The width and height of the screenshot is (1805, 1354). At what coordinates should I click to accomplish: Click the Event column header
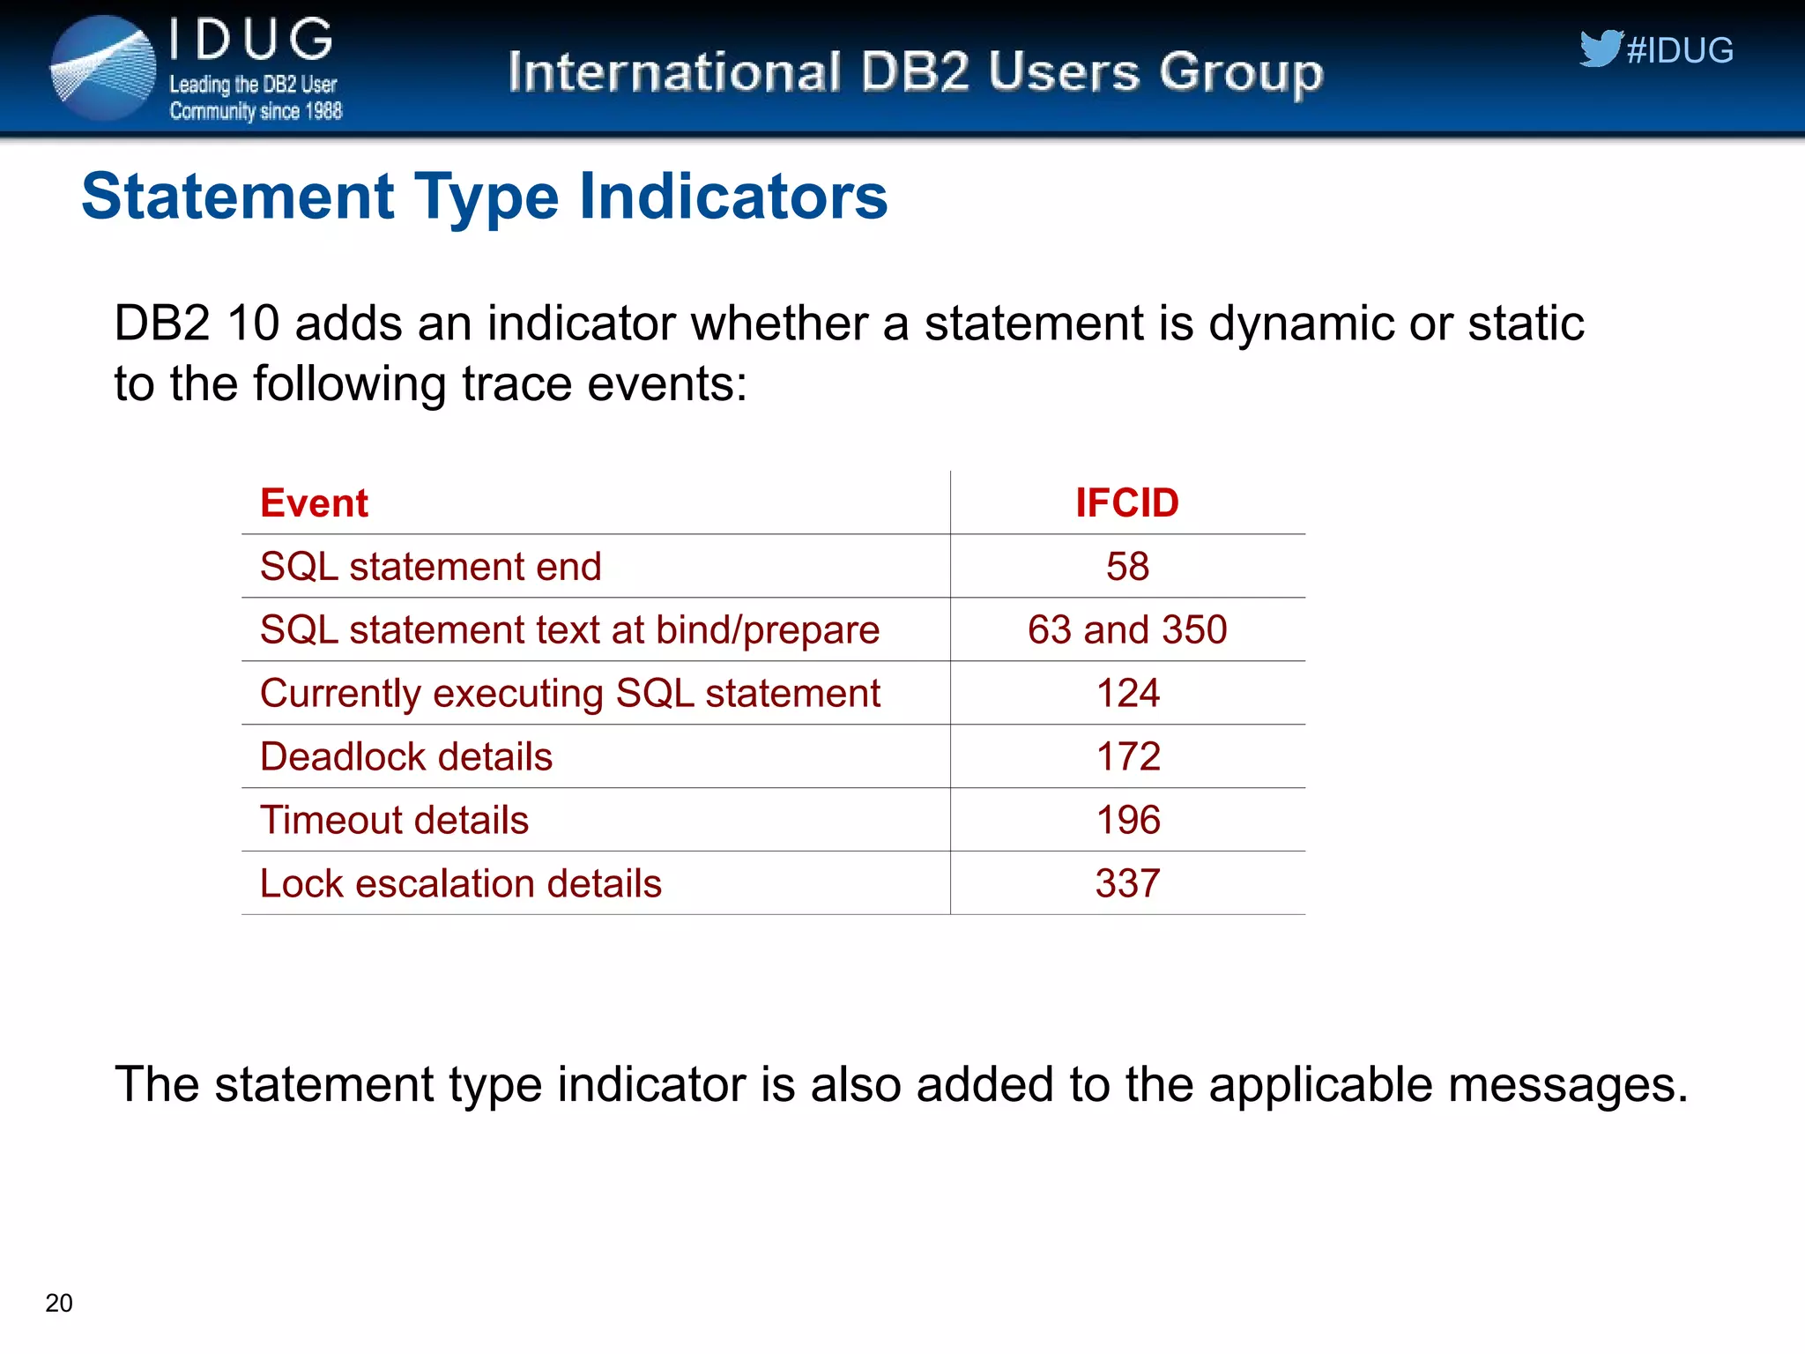tap(314, 503)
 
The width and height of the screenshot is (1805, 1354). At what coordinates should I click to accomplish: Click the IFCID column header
tap(1126, 503)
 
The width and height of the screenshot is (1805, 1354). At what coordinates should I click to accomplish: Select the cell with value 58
tap(1127, 567)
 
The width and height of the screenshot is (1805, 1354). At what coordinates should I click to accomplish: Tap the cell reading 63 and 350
tap(1127, 630)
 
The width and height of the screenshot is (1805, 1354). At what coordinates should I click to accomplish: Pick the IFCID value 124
tap(1127, 694)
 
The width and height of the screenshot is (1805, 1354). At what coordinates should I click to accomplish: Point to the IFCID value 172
tap(1127, 757)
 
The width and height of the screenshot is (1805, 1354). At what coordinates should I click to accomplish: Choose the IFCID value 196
tap(1127, 821)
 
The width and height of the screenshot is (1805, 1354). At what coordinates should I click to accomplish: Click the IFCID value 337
tap(1127, 884)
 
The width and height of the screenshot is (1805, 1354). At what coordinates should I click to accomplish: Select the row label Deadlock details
tap(406, 757)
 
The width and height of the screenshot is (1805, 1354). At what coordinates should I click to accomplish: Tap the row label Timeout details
tap(394, 821)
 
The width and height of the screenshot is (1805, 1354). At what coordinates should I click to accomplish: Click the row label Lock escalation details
tap(460, 884)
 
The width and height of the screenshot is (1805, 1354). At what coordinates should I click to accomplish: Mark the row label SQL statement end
tap(430, 567)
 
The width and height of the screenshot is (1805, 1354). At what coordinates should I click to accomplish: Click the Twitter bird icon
tap(1600, 48)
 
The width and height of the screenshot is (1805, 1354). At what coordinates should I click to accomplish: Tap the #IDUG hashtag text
tap(1680, 51)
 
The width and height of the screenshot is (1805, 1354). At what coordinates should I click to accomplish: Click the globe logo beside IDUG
tap(103, 69)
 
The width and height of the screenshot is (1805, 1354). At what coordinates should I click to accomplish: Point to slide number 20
tap(59, 1303)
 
